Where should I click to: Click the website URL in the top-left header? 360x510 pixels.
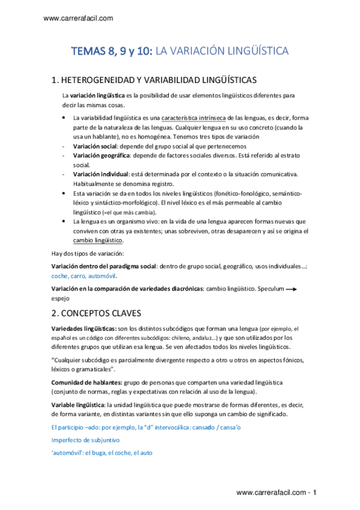click(x=79, y=19)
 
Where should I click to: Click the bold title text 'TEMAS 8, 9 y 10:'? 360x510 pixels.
click(x=112, y=52)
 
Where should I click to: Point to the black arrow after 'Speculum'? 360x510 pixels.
click(x=291, y=289)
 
